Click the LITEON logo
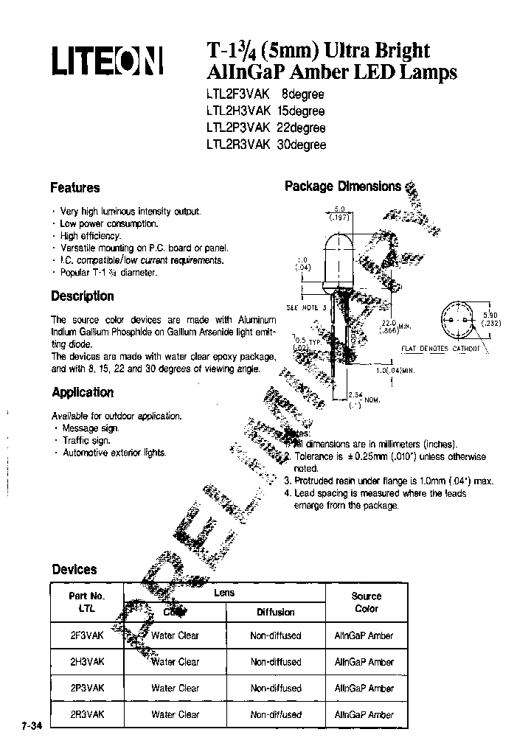coord(106,61)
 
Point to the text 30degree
coord(301,144)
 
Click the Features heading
coord(74,188)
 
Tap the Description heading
coord(83,296)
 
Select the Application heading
coord(83,392)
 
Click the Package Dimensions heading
coord(343,186)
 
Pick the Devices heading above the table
coord(74,569)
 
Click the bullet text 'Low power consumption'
coord(109,223)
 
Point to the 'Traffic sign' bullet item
coord(86,440)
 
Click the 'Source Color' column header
coord(366,602)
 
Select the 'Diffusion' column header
coord(275,612)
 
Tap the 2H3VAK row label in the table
coord(87,661)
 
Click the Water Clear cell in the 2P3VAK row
coord(176,688)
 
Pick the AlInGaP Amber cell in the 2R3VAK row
coord(364,714)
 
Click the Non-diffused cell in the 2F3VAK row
coord(275,635)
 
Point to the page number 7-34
coord(22,726)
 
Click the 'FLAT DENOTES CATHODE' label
coord(440,348)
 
